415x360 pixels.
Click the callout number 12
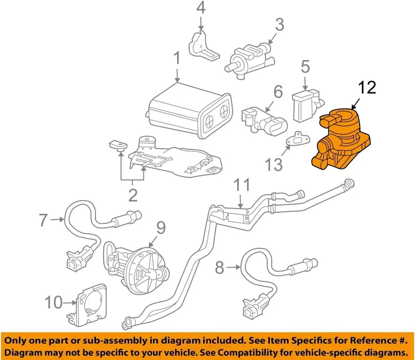[368, 87]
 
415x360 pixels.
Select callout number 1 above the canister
[177, 59]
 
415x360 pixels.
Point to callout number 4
[201, 8]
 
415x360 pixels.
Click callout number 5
[305, 67]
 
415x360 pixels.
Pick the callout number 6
[278, 92]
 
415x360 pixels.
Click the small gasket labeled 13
[296, 139]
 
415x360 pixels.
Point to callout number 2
[133, 196]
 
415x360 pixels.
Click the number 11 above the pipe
[242, 186]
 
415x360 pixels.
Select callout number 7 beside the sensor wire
[43, 220]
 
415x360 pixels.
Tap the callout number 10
[54, 303]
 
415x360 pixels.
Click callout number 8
[219, 266]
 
